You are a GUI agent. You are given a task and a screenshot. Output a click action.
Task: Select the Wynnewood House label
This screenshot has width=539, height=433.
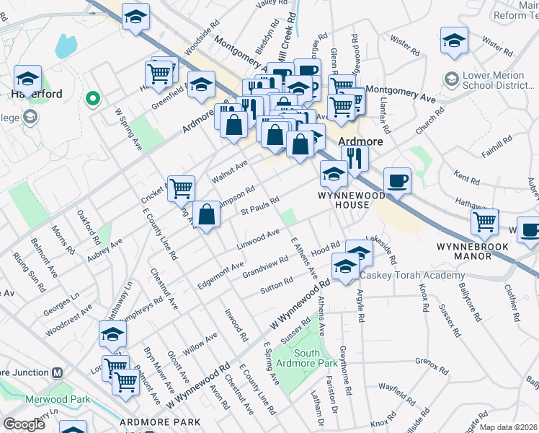(344, 200)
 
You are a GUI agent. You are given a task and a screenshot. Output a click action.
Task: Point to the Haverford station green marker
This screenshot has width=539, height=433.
(92, 99)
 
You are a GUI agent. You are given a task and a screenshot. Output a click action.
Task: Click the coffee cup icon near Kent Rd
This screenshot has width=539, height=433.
(397, 180)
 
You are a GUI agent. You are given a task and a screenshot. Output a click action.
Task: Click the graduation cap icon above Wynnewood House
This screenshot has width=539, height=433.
(334, 173)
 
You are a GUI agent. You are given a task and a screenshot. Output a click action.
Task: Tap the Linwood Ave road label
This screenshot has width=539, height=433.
(258, 239)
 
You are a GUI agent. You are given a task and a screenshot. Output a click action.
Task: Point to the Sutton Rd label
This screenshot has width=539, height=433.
(276, 286)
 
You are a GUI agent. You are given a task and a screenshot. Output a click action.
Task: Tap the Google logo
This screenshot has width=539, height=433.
(24, 424)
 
